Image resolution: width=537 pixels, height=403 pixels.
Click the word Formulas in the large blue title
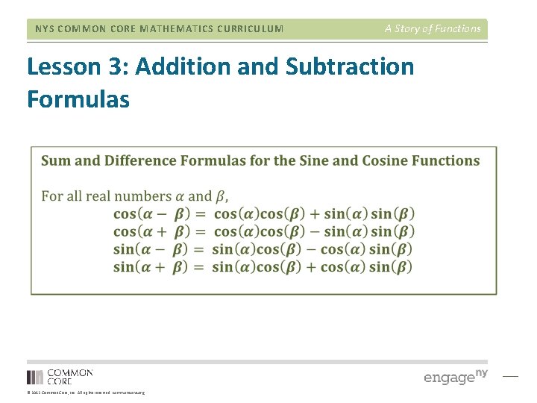tap(78, 99)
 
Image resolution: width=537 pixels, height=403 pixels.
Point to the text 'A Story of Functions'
tap(433, 29)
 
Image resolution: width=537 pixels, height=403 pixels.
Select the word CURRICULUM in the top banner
tap(248, 29)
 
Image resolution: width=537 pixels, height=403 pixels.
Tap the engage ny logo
tap(456, 376)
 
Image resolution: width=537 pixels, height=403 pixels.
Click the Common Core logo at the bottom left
tap(60, 377)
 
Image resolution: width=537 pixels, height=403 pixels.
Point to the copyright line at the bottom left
tap(86, 393)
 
